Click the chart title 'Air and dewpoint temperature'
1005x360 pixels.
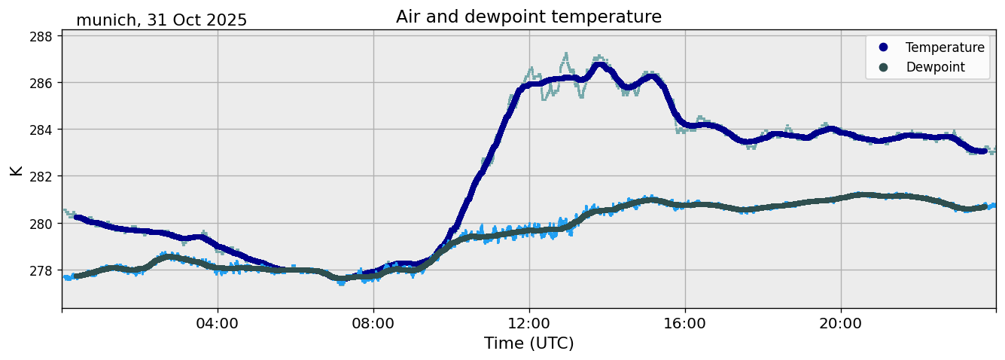pyautogui.click(x=528, y=17)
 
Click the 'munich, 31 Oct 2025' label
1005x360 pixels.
pyautogui.click(x=161, y=20)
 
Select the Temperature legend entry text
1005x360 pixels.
pyautogui.click(x=945, y=47)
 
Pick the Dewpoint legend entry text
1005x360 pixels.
pyautogui.click(x=935, y=67)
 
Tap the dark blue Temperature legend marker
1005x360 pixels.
pyautogui.click(x=883, y=47)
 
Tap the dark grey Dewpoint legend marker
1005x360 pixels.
pyautogui.click(x=883, y=67)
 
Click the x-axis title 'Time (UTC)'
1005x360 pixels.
pyautogui.click(x=528, y=343)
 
